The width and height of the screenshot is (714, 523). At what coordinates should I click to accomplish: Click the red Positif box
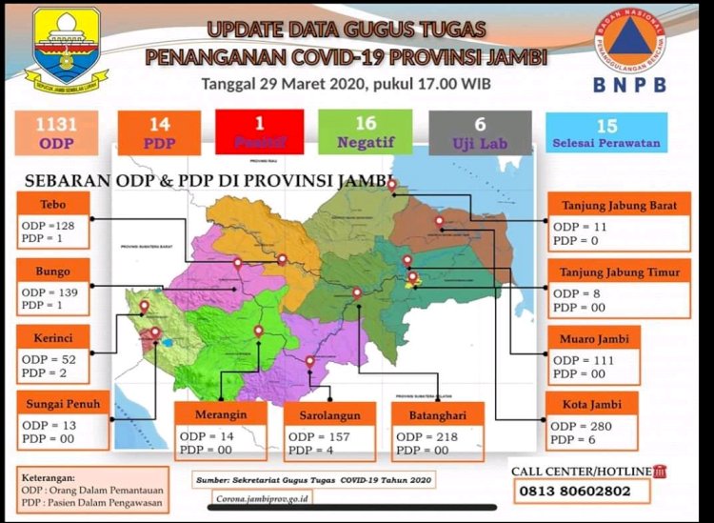pos(259,131)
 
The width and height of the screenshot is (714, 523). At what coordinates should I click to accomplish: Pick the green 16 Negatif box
pos(365,131)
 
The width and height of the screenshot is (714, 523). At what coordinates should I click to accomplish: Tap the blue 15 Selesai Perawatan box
pos(606,132)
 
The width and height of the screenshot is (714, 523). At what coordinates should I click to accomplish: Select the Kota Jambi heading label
pos(593,405)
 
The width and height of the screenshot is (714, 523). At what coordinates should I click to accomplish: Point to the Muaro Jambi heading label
pos(594,338)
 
